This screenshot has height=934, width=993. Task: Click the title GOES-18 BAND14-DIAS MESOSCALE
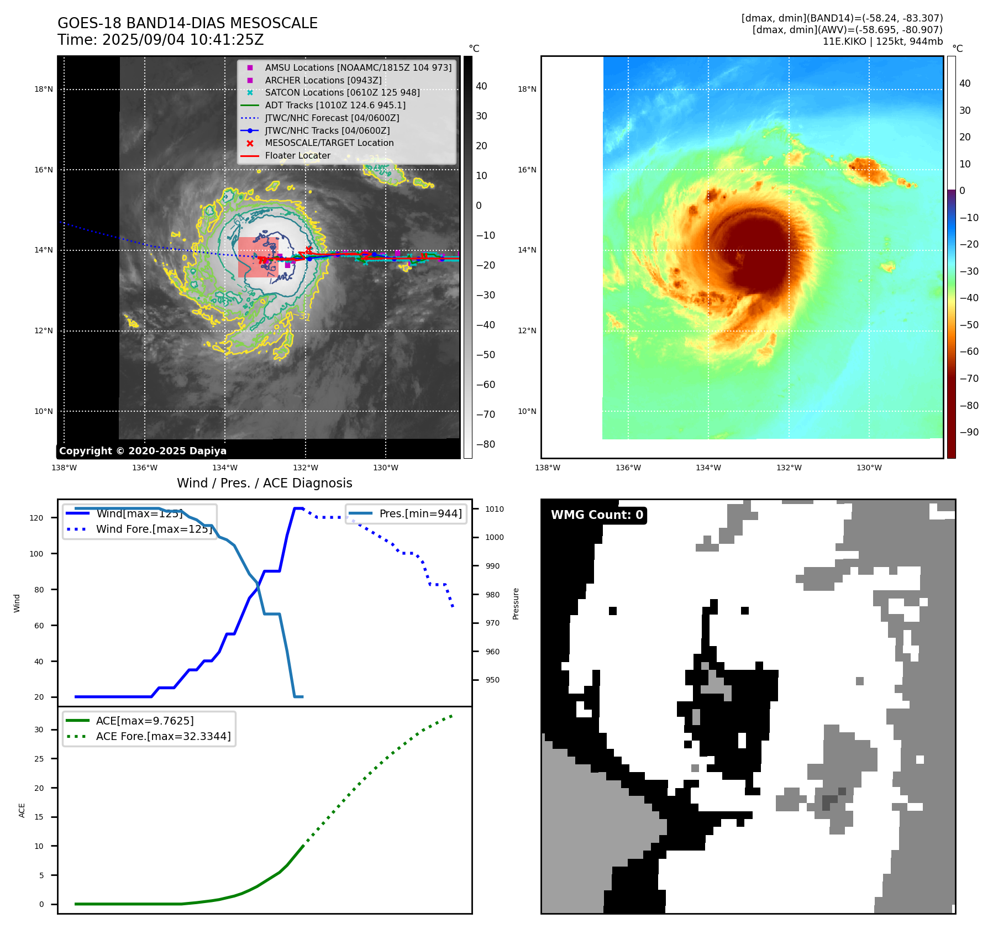[x=187, y=23]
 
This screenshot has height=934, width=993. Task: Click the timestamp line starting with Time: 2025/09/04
[x=160, y=40]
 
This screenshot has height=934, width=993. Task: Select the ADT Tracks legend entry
[x=335, y=105]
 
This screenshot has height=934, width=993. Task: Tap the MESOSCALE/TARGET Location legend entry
[x=329, y=143]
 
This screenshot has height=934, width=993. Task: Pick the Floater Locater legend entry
[x=297, y=155]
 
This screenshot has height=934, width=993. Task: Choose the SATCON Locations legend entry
[x=342, y=92]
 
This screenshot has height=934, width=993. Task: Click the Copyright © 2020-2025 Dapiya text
[x=143, y=451]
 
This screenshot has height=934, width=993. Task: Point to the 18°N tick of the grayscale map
[x=44, y=90]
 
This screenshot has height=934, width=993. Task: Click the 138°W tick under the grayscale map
[x=64, y=468]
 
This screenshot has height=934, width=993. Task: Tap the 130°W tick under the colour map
[x=869, y=468]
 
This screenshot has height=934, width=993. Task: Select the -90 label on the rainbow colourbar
[x=969, y=432]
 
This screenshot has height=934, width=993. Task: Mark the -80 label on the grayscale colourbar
[x=486, y=444]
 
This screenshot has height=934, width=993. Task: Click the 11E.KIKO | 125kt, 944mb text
[x=882, y=41]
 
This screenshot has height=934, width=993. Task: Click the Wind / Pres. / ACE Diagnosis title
[x=264, y=483]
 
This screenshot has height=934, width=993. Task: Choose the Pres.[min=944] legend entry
[x=420, y=513]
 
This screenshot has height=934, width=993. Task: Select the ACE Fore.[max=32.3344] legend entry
[x=163, y=736]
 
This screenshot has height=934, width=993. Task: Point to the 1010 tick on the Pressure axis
[x=495, y=509]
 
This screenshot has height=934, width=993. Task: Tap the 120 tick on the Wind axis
[x=36, y=518]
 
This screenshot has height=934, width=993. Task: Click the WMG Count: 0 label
[x=597, y=515]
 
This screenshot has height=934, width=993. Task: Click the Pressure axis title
[x=516, y=604]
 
